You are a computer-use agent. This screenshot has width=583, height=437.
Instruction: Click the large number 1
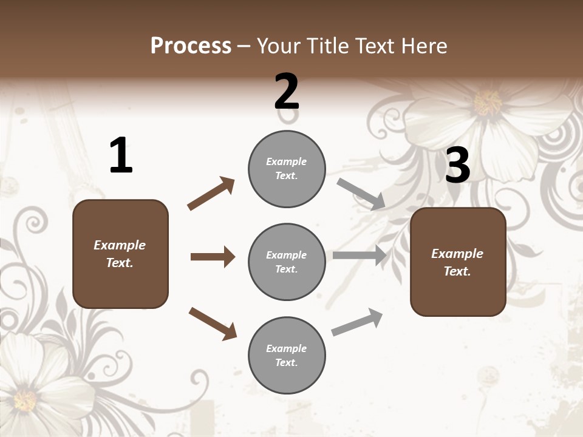pos(121,155)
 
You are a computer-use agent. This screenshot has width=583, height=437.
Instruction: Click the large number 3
pos(457,165)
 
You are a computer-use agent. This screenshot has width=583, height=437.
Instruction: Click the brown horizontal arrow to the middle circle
pos(213,257)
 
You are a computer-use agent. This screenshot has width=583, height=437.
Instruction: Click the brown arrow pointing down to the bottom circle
pos(213,323)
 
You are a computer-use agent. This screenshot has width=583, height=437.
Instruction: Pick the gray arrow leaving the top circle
pos(361,194)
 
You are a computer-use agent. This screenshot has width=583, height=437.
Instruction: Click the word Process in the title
pos(191,46)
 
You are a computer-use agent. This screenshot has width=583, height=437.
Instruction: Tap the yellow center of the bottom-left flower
pos(26,401)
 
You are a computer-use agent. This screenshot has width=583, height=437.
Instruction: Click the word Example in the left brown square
pos(120,245)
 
